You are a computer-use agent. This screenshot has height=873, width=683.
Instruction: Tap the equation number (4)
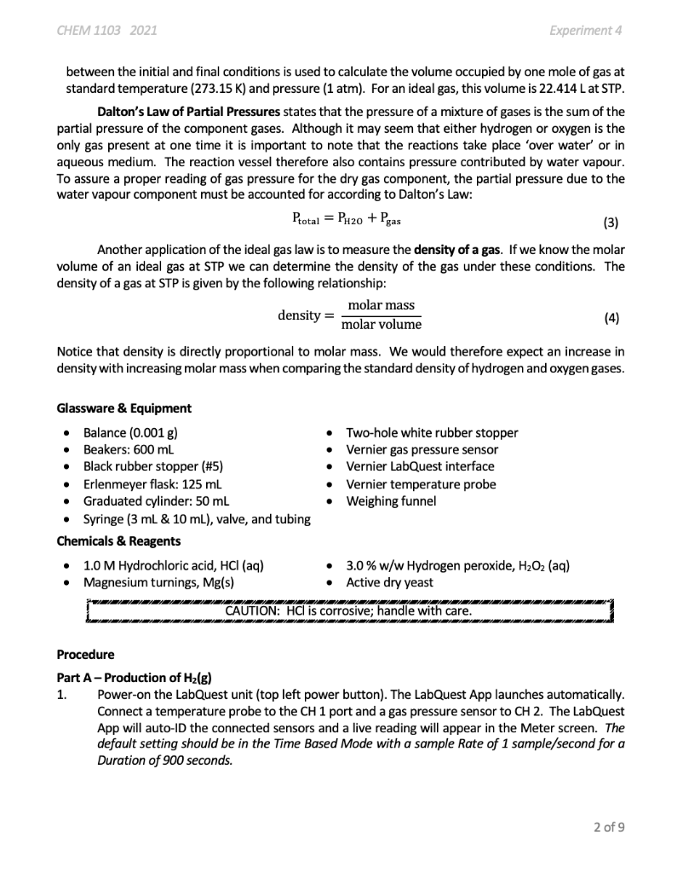tap(611, 316)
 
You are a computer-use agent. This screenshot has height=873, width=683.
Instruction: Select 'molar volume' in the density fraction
tap(381, 325)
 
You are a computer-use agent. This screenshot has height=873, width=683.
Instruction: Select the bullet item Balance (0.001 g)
tap(130, 432)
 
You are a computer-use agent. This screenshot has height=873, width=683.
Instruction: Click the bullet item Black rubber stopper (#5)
tap(153, 466)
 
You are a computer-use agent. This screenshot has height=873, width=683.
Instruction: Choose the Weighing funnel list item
tap(391, 501)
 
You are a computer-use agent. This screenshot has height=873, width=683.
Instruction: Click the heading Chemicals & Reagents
tap(118, 541)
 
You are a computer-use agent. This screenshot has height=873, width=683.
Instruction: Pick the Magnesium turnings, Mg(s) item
tap(159, 582)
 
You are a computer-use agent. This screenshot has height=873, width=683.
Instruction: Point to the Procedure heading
tap(85, 655)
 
